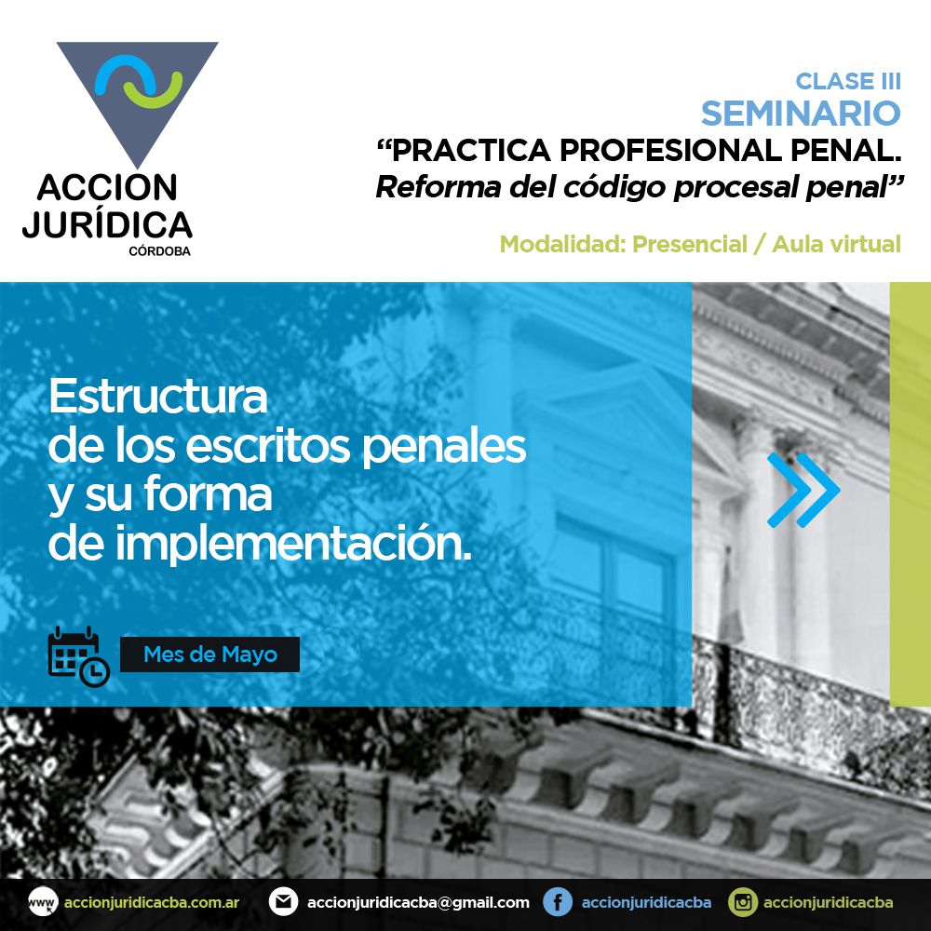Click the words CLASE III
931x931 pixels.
tap(848, 81)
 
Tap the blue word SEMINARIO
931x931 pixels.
tap(801, 114)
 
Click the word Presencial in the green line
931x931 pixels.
tap(689, 244)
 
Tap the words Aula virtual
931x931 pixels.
tap(836, 244)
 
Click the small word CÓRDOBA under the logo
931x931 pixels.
tap(160, 251)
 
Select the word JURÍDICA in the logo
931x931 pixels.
tap(107, 224)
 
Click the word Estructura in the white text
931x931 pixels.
tap(158, 397)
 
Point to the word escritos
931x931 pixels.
tap(268, 446)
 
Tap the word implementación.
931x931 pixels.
tap(293, 544)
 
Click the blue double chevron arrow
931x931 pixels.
tap(803, 490)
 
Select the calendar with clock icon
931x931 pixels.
tap(78, 656)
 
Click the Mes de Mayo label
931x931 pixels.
tap(210, 654)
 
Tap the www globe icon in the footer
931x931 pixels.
tap(43, 902)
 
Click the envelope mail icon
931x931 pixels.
tap(283, 902)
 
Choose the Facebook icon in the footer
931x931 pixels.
tap(558, 902)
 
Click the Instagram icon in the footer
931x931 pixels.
tap(743, 902)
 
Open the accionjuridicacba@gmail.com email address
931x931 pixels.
tap(418, 902)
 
